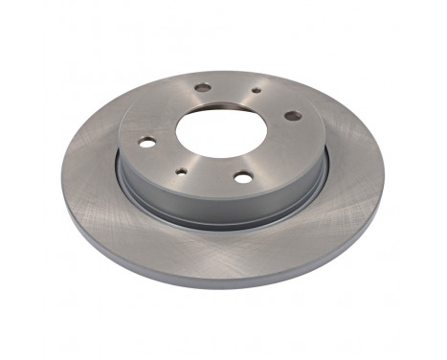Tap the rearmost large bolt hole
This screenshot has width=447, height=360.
(x=203, y=88)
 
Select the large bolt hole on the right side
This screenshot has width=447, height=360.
(x=292, y=116)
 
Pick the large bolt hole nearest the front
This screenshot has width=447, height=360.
(x=243, y=176)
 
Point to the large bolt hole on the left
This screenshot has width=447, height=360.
(x=146, y=142)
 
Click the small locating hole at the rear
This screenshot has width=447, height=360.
(x=257, y=92)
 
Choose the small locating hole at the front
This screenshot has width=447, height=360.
(x=181, y=172)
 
